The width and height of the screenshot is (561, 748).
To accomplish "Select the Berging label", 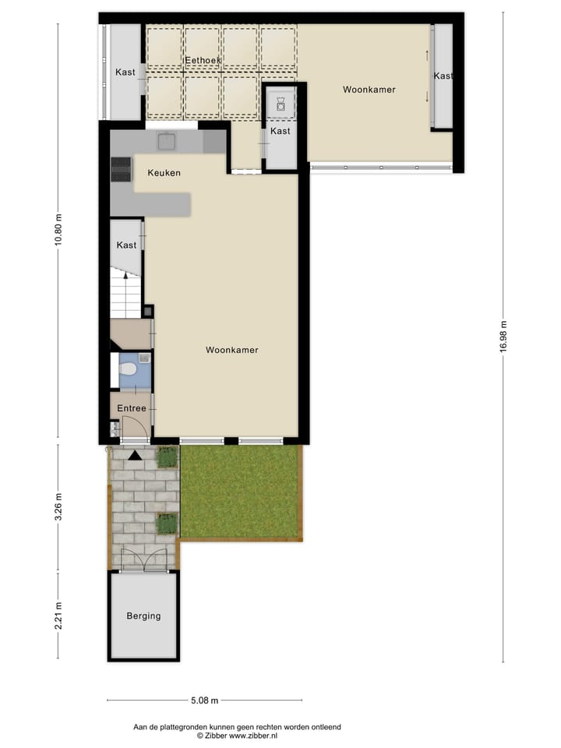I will (x=143, y=616).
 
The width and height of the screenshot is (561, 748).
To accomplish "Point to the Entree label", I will (x=132, y=408).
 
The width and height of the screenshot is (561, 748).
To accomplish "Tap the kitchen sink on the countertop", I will (x=166, y=141).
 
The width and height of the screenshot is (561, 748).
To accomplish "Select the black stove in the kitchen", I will (x=121, y=169).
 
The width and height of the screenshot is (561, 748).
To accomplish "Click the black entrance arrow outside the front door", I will (x=135, y=456).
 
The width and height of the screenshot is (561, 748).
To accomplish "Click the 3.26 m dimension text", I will (x=58, y=507).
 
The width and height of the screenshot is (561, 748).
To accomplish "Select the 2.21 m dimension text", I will (x=58, y=615).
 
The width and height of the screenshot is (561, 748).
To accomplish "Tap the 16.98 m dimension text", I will (x=503, y=337).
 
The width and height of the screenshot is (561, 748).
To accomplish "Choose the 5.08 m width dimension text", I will (x=204, y=700).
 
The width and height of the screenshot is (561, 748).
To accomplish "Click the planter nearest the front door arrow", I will (x=168, y=457).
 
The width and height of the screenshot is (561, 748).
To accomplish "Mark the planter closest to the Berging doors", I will (x=167, y=524).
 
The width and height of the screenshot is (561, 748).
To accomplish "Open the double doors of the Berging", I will (x=143, y=561).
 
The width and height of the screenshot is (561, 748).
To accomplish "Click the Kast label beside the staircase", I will (x=126, y=245).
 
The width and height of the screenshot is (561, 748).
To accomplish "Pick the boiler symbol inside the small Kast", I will (x=280, y=104).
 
